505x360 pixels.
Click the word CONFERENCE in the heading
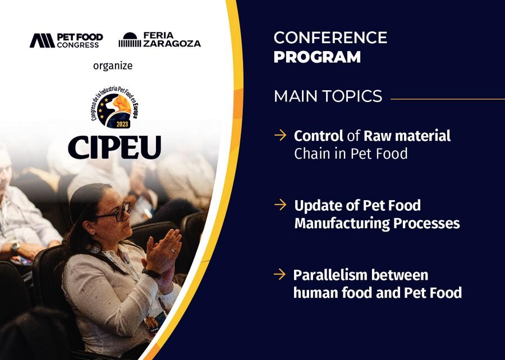[330, 38]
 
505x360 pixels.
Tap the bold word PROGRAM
[317, 57]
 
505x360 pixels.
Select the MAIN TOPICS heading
[328, 96]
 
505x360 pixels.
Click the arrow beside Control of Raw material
[280, 135]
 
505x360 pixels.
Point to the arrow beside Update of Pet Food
[280, 205]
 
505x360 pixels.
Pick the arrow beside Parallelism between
[279, 274]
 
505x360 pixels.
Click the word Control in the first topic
[318, 136]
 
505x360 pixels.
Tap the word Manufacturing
[342, 223]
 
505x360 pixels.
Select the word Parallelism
[330, 275]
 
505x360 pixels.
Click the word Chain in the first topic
[312, 154]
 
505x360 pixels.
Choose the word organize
[113, 66]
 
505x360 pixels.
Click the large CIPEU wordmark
[114, 147]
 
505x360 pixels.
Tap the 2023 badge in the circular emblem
[122, 124]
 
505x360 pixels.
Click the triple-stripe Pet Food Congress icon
[42, 41]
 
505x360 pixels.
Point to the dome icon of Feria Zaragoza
[130, 40]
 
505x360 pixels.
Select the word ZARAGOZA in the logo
[172, 43]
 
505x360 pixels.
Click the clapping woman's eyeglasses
[115, 213]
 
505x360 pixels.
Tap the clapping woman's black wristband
[151, 273]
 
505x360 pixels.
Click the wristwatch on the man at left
[15, 248]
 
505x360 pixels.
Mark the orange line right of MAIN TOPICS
[448, 99]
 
